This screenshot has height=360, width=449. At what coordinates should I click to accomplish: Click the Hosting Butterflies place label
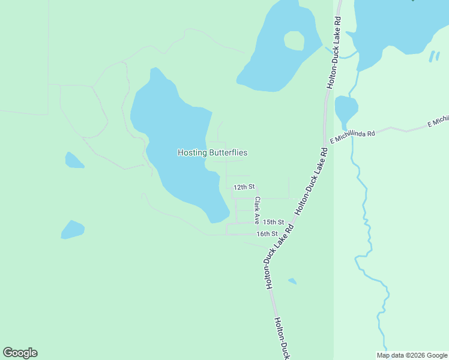[212, 152]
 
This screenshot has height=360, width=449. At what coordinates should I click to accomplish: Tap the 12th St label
[244, 187]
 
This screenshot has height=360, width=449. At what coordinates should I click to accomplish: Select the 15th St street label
[273, 222]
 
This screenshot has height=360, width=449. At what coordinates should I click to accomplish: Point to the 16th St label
[267, 233]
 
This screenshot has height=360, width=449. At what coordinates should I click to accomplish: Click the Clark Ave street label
[257, 211]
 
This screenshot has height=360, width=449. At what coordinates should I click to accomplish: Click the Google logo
[20, 353]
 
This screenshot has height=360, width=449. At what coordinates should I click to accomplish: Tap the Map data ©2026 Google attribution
[412, 355]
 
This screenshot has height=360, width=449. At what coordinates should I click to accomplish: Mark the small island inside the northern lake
[294, 40]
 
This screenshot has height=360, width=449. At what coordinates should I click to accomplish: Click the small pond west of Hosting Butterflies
[74, 160]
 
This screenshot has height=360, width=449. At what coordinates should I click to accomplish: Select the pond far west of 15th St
[72, 229]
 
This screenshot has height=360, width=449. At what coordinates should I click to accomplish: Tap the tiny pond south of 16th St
[292, 281]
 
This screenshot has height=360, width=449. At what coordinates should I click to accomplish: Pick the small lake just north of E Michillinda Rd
[346, 109]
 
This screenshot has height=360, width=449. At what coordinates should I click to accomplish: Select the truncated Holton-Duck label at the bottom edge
[282, 339]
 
